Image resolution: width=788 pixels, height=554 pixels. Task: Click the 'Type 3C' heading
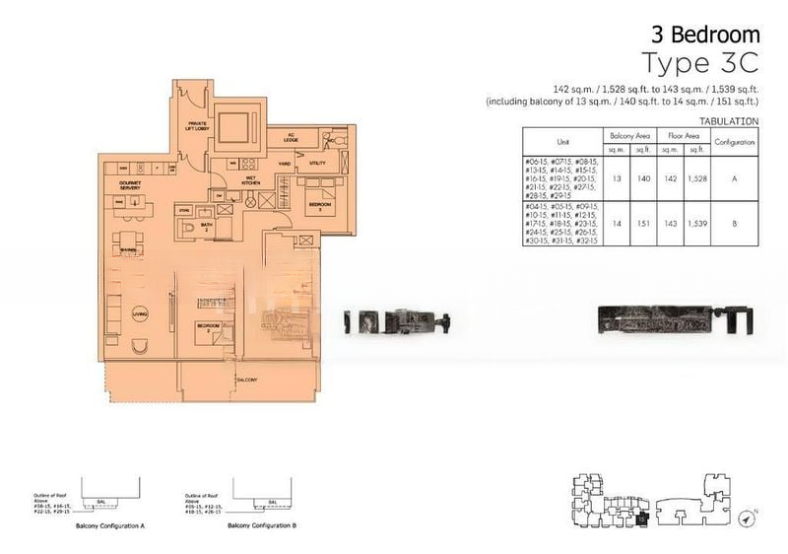[x=700, y=62]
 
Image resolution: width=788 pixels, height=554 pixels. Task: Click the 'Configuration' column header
[x=735, y=142]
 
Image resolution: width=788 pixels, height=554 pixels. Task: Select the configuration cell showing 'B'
[x=735, y=223]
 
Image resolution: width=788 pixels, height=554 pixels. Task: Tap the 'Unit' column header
[x=564, y=142]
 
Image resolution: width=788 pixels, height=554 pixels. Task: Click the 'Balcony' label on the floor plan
[x=246, y=378]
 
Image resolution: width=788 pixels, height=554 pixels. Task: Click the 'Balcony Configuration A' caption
[x=110, y=526]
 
